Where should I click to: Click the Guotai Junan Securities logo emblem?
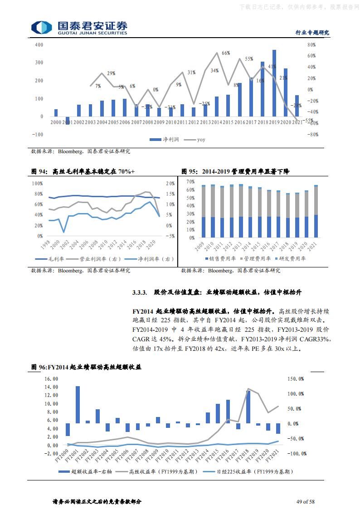[x=41, y=27]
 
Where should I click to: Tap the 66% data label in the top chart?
[x=226, y=53]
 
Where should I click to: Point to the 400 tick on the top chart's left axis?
[x=39, y=44]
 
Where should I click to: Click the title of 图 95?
[x=235, y=171]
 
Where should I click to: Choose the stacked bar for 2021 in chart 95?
[x=316, y=211]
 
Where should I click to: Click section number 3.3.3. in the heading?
[x=140, y=292]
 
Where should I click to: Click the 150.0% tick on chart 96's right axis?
[x=295, y=378]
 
